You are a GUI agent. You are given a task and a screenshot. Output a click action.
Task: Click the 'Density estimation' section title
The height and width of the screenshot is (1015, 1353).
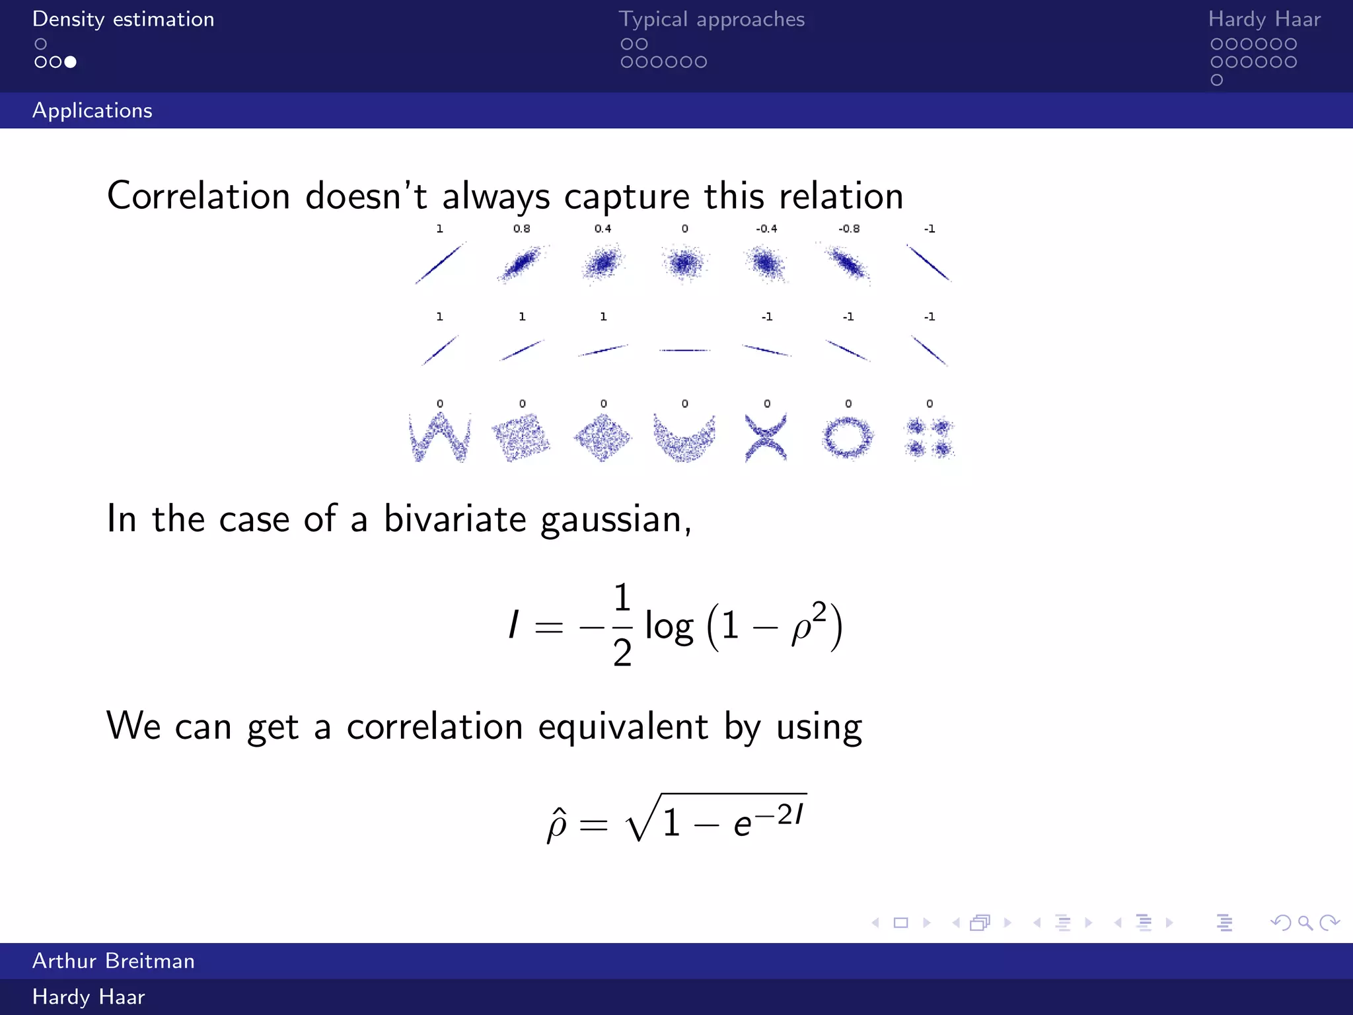point(123,19)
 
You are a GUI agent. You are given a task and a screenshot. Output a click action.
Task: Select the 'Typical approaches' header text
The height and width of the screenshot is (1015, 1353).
point(712,19)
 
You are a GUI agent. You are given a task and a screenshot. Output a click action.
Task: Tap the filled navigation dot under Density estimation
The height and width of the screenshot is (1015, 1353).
point(71,62)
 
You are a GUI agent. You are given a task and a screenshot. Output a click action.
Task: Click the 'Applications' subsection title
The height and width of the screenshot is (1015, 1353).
point(92,110)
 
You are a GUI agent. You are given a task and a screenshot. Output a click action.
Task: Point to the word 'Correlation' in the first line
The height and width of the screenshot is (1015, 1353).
point(198,196)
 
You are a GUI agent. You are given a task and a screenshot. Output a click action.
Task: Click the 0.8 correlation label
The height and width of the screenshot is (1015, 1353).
point(521,229)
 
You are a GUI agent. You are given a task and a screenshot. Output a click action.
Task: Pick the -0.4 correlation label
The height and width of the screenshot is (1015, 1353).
point(766,229)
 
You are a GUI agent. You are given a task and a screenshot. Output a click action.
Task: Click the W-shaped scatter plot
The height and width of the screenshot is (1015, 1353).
point(439,437)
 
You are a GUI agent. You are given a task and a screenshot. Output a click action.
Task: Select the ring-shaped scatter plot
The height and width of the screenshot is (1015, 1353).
point(848,437)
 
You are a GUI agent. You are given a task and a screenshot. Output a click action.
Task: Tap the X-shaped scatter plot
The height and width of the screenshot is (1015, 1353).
point(766,437)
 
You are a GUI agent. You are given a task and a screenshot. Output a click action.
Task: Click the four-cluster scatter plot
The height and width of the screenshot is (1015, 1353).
point(929,437)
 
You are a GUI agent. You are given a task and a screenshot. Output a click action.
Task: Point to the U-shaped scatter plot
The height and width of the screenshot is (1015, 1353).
point(684,437)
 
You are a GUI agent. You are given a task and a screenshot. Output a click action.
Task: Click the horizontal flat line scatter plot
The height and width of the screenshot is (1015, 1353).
point(684,350)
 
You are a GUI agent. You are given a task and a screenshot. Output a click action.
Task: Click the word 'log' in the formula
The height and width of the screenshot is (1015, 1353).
point(669,626)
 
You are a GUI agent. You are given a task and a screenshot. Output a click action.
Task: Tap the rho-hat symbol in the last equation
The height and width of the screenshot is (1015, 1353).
point(556,824)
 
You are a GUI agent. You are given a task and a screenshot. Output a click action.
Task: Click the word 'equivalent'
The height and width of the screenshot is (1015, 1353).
point(623,727)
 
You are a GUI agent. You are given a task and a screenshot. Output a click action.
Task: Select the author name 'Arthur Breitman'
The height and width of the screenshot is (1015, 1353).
point(114,961)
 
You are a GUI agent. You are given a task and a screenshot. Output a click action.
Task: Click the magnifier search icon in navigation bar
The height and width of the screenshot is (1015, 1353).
point(1305,922)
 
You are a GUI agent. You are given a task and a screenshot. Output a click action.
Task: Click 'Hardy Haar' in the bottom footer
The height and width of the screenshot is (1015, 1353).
point(89,997)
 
